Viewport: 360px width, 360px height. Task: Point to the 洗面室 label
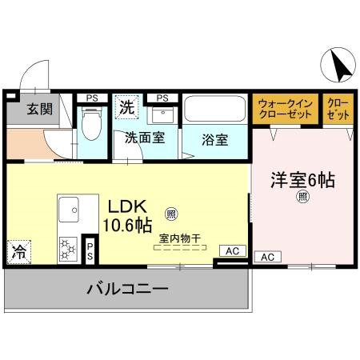(x=145, y=138)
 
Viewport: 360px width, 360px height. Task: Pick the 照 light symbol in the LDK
(x=170, y=214)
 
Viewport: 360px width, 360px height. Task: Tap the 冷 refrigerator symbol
(x=18, y=251)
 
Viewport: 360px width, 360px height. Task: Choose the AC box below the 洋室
(x=268, y=257)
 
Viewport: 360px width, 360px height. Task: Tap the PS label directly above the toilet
(x=92, y=98)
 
